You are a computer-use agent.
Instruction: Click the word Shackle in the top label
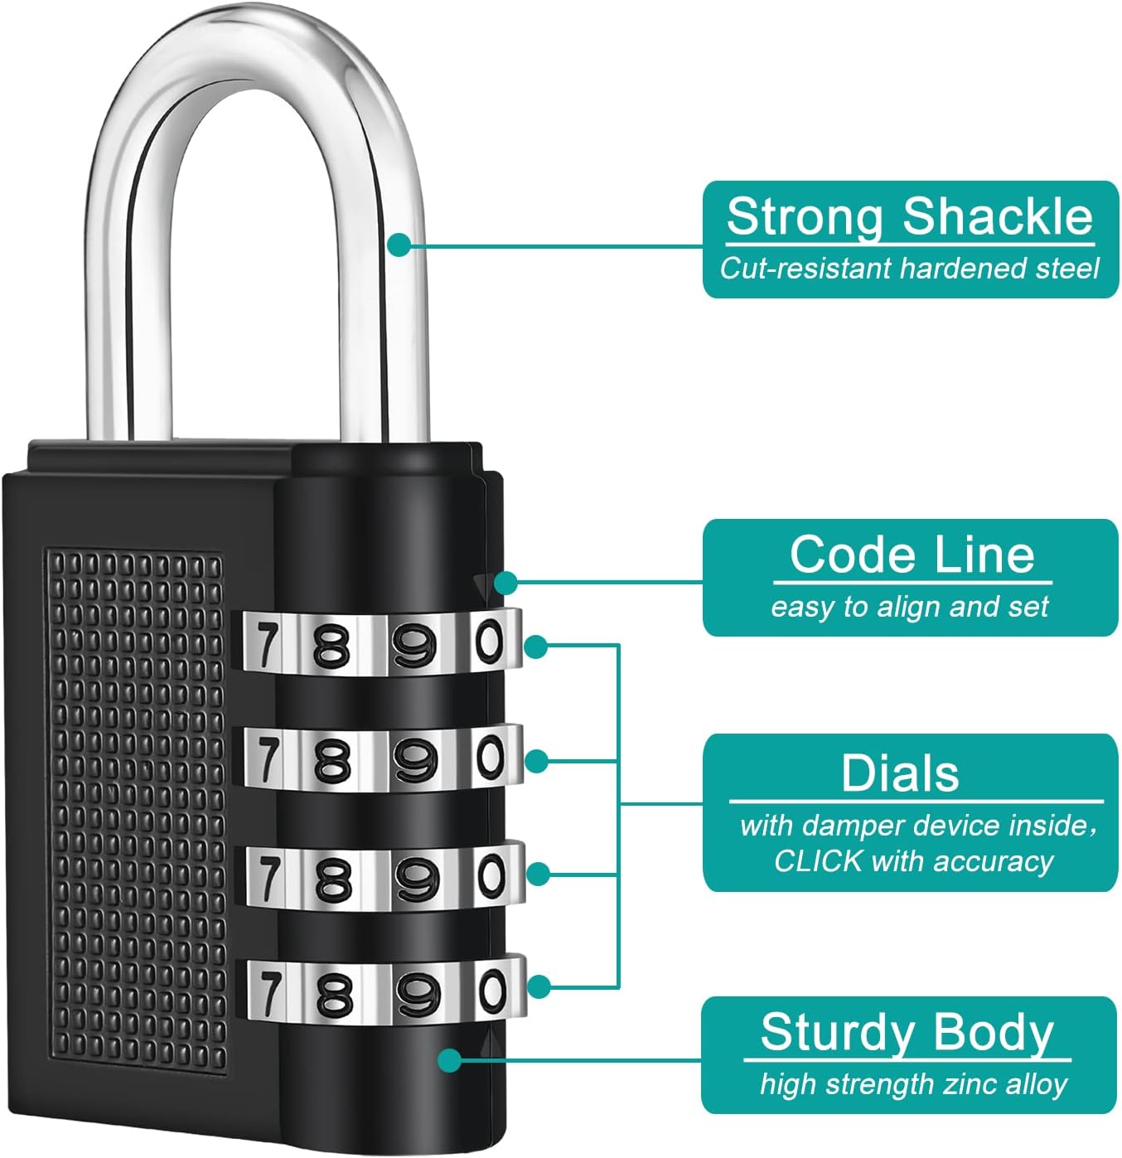pos(998,217)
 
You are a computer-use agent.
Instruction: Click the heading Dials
pos(900,773)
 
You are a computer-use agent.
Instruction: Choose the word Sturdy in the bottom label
pos(837,1033)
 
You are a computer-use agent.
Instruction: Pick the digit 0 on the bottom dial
pos(492,991)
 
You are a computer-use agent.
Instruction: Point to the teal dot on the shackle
pos(399,245)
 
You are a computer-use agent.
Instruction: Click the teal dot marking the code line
pos(505,583)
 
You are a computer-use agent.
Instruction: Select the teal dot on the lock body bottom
pos(450,1060)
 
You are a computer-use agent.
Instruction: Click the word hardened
pos(963,269)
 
